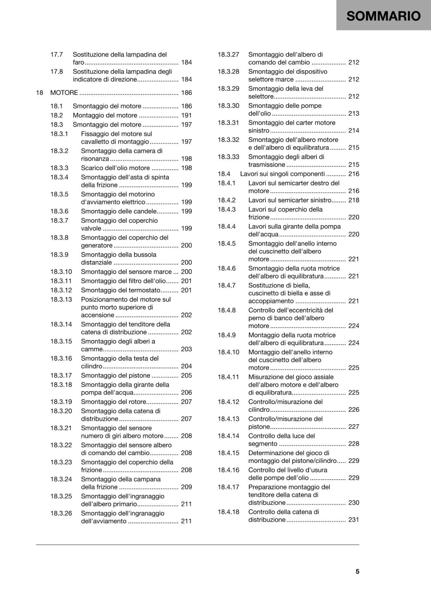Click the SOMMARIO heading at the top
[x=383, y=16]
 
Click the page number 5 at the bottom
[x=357, y=571]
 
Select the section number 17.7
[x=56, y=55]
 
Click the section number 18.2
[x=56, y=115]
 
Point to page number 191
[x=187, y=115]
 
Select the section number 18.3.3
[x=59, y=168]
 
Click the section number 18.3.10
[x=61, y=271]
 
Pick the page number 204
[x=187, y=366]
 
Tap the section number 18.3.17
[x=61, y=375]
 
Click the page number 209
[x=187, y=487]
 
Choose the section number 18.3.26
[x=61, y=513]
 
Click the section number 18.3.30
[x=228, y=106]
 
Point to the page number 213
[x=354, y=113]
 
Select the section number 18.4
[x=224, y=174]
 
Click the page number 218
[x=354, y=200]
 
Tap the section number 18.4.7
[x=227, y=285]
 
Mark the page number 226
[x=354, y=409]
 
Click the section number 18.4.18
[x=228, y=512]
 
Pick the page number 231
[x=354, y=520]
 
